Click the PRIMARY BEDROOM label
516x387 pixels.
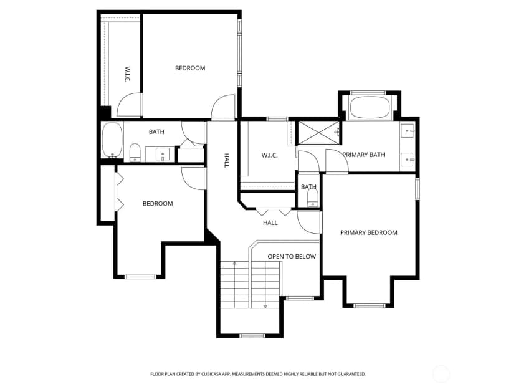pyautogui.click(x=368, y=232)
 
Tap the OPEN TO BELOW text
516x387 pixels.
pyautogui.click(x=292, y=256)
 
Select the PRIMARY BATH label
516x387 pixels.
pyautogui.click(x=363, y=155)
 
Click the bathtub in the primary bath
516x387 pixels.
pyautogui.click(x=369, y=107)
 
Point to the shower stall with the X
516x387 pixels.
pyautogui.click(x=318, y=133)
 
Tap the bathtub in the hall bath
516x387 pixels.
pyautogui.click(x=112, y=140)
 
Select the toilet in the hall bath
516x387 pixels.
pyautogui.click(x=135, y=153)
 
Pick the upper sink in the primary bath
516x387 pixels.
pyautogui.click(x=408, y=131)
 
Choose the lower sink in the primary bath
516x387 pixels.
pyautogui.click(x=408, y=160)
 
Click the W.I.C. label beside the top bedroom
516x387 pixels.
pyautogui.click(x=127, y=75)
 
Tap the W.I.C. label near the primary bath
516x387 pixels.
pyautogui.click(x=269, y=155)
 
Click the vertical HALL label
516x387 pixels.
pyautogui.click(x=226, y=160)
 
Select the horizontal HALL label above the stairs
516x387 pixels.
pyautogui.click(x=270, y=222)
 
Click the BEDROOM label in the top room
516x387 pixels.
pyautogui.click(x=190, y=68)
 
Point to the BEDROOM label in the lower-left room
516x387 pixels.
pyautogui.click(x=158, y=204)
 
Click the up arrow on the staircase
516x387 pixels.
pyautogui.click(x=235, y=264)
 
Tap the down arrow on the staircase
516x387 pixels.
pyautogui.click(x=265, y=306)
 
